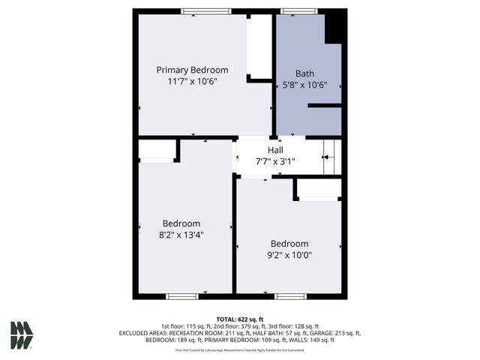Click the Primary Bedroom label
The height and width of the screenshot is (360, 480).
pos(192,70)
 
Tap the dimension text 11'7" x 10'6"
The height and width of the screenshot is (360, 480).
pos(192,82)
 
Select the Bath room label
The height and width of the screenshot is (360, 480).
pos(304,73)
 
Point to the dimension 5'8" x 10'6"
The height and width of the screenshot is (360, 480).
pos(304,85)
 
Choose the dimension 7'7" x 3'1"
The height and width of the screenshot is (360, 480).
pos(275,161)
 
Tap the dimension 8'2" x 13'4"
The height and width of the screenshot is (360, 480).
pos(181,235)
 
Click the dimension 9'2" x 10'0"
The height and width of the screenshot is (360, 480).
pos(289,255)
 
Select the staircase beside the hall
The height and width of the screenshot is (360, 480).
pos(331,157)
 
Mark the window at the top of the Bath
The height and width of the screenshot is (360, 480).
pos(298,11)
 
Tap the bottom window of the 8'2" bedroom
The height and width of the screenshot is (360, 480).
pos(181,296)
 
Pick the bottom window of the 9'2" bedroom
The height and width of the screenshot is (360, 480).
pos(289,296)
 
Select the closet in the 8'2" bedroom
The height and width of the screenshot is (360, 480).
pos(156,150)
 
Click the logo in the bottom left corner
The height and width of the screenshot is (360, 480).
pos(21,335)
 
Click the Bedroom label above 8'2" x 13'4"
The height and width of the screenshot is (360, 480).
pos(181,223)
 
